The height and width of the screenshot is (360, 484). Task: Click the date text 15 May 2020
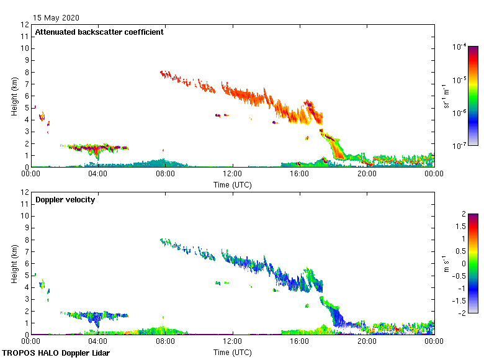57,18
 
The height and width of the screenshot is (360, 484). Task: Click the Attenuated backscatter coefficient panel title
99,32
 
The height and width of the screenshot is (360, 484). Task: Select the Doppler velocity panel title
65,200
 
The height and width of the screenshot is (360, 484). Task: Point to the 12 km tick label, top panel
25,25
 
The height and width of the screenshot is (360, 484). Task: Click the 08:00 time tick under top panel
165,174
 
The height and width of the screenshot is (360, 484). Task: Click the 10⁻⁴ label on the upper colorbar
460,47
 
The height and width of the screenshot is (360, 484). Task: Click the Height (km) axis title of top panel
14,96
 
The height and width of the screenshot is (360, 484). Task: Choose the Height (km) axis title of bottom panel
14,264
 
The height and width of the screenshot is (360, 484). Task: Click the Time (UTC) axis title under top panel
233,184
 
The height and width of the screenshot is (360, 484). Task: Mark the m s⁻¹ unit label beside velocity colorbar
444,263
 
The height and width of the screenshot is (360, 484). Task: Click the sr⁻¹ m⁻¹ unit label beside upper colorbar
446,96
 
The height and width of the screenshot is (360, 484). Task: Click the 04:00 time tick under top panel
98,174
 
